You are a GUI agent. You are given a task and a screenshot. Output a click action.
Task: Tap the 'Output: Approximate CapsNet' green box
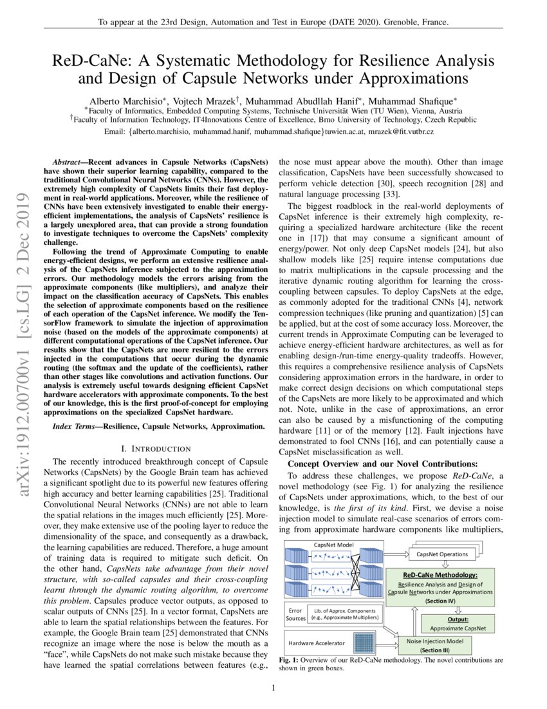coord(458,623)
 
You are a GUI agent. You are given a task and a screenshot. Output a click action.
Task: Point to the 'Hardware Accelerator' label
coord(316,643)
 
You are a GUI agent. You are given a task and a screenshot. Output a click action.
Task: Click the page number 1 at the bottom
coord(273,688)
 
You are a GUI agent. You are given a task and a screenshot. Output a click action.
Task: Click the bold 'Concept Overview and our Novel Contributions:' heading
coord(382,463)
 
